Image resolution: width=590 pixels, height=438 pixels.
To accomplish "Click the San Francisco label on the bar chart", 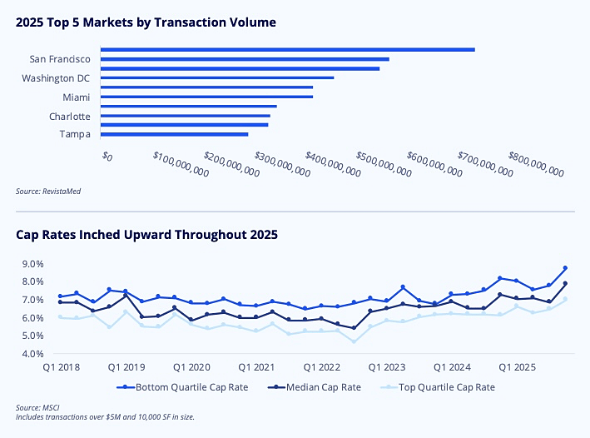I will (60, 59).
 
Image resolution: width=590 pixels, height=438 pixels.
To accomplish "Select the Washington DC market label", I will (56, 78).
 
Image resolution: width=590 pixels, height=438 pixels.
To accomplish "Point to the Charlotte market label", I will (69, 117).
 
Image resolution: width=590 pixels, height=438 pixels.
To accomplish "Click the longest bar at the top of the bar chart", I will (287, 50).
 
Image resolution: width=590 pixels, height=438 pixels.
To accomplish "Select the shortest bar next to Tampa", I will (174, 134).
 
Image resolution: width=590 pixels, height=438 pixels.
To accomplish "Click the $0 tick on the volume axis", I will (107, 156).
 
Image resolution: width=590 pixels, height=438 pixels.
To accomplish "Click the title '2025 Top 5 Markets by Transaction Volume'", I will (146, 22).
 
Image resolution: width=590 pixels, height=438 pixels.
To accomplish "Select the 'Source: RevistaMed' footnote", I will (48, 191).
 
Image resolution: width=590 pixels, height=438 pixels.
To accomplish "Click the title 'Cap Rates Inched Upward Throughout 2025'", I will (146, 235).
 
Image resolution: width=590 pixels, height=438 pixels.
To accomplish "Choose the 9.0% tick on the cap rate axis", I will (33, 264).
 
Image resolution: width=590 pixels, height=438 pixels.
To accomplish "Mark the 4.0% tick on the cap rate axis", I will (33, 354).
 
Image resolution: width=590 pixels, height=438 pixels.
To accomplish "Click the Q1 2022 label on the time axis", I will (320, 367).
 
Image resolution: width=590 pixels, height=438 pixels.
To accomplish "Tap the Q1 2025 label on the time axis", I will (516, 367).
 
